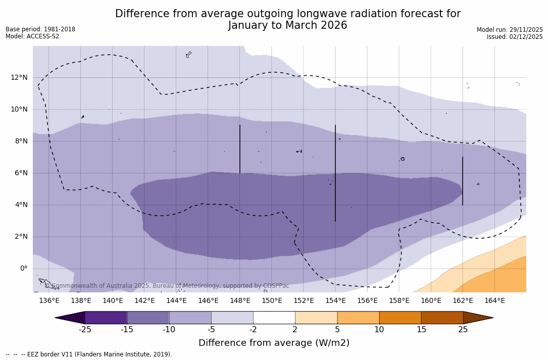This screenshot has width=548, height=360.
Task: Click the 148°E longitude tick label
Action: click(x=240, y=301)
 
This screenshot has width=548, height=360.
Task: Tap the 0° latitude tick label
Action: click(x=24, y=269)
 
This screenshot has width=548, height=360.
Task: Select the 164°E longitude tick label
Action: click(x=494, y=301)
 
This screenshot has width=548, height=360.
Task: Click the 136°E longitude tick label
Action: click(x=49, y=301)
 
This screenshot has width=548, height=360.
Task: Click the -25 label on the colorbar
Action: click(x=85, y=330)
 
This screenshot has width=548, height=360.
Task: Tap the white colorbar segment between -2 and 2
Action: click(x=274, y=318)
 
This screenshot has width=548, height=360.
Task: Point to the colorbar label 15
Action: click(x=421, y=330)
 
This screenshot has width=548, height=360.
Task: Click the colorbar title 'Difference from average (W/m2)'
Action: click(x=274, y=343)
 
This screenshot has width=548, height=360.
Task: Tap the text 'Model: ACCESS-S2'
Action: click(x=32, y=36)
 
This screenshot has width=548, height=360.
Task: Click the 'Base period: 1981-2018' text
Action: click(x=40, y=29)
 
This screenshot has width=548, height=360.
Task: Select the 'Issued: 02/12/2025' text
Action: click(x=515, y=37)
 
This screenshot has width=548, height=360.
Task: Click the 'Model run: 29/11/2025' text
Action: click(x=510, y=30)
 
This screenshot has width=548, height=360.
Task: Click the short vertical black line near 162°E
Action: click(x=463, y=181)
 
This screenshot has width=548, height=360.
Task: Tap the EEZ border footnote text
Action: click(x=89, y=354)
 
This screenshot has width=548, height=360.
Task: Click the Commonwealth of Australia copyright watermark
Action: click(x=167, y=286)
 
